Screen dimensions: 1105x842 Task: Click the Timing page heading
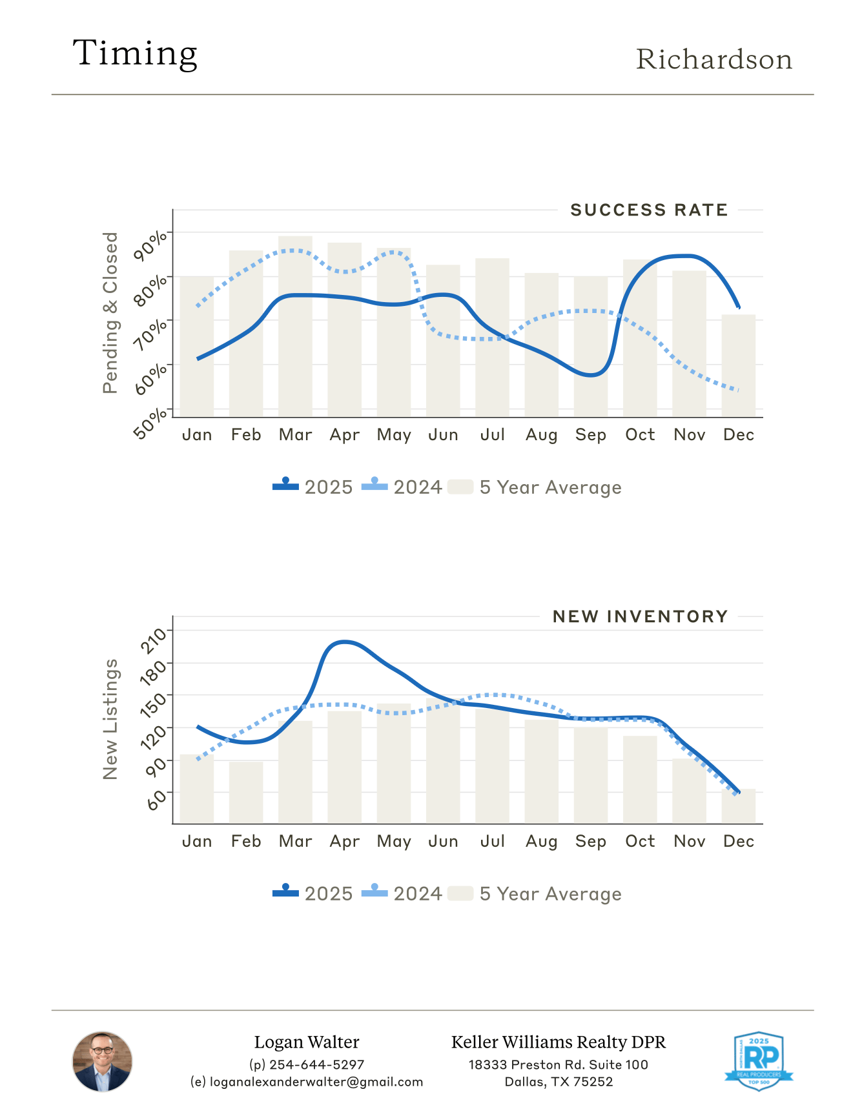point(135,54)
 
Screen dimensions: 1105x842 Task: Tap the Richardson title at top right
point(714,59)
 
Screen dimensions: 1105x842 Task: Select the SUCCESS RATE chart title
point(649,210)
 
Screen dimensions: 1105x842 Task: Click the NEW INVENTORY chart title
point(640,617)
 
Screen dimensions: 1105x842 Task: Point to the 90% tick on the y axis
point(150,246)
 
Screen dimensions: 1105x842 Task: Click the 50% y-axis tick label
point(150,423)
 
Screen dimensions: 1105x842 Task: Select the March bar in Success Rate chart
point(295,326)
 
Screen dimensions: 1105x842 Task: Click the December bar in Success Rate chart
point(738,365)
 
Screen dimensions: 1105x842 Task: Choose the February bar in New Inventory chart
point(246,792)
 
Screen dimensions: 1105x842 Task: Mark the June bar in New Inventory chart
point(443,761)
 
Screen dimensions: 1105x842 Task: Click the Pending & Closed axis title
point(111,313)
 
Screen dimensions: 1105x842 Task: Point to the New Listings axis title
point(111,719)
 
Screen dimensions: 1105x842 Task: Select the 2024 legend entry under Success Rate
point(402,487)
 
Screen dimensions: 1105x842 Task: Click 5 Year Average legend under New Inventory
point(535,894)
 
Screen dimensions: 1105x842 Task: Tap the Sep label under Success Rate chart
point(590,435)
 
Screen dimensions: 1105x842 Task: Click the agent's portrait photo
point(102,1062)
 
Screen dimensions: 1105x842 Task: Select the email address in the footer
point(307,1082)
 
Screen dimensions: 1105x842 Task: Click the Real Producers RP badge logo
point(759,1060)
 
